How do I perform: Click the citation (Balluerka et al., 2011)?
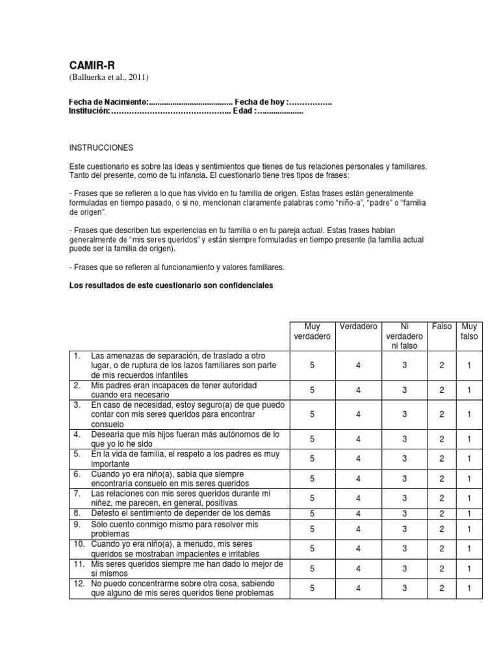[x=109, y=78]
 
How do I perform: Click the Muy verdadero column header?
[x=311, y=331]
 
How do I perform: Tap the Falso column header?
[x=442, y=326]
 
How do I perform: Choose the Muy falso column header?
[x=468, y=331]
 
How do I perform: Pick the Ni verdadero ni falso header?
[x=403, y=336]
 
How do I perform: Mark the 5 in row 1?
[x=311, y=366]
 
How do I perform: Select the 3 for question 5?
[x=403, y=459]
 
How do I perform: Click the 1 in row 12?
[x=468, y=588]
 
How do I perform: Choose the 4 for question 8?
[x=357, y=513]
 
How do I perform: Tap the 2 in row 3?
[x=442, y=414]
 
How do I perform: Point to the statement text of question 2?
[x=174, y=390]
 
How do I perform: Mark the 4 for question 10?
[x=357, y=548]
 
